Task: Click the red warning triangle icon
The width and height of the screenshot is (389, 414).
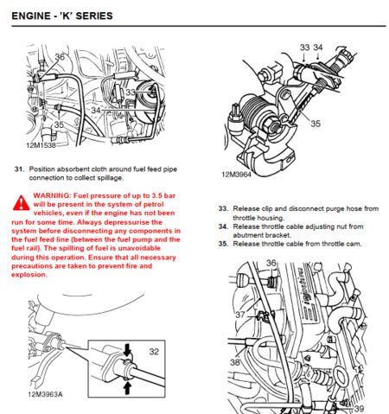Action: [x=19, y=203]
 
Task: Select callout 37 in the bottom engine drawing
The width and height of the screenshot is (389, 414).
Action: [x=239, y=314]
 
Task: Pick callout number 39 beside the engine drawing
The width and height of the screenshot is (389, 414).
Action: [x=359, y=408]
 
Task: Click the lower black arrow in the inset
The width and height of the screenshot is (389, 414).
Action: [x=128, y=388]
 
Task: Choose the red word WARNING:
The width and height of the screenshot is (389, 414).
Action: [x=54, y=196]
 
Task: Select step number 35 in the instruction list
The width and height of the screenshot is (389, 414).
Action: [x=223, y=244]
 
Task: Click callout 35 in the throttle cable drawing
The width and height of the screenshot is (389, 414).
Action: [x=315, y=124]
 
